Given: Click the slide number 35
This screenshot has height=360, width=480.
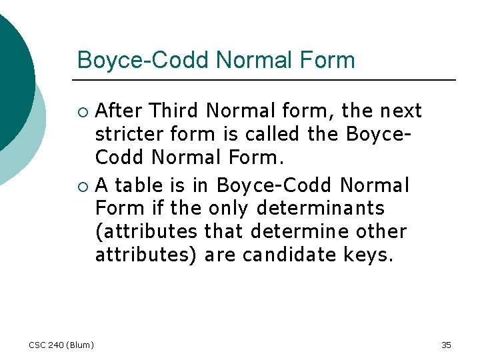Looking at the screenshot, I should coord(446,345).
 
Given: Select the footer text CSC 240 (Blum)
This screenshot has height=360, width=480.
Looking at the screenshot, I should coord(61,345).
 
